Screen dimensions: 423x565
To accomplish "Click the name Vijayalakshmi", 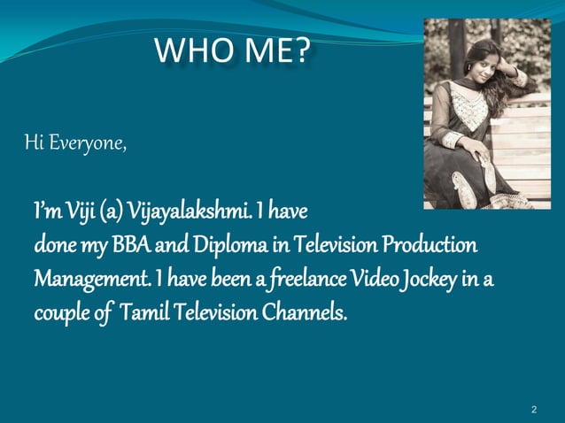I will click(195, 212).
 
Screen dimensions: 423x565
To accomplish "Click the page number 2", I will click(534, 410).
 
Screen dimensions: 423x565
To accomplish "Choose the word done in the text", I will click(54, 244).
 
